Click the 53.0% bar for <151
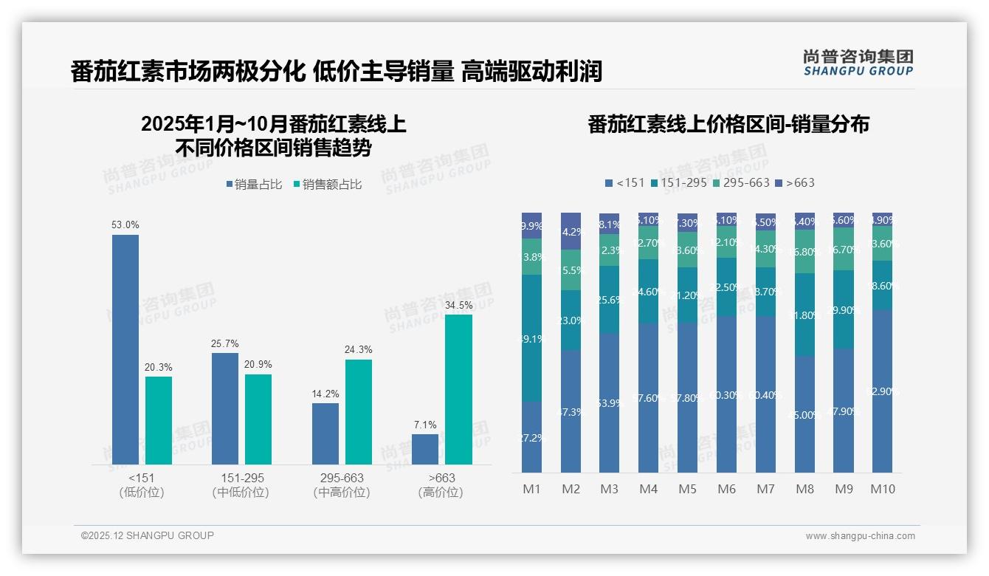click(125, 349)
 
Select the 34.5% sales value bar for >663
click(458, 389)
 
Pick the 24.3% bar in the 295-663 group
click(359, 411)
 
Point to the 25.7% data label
click(225, 344)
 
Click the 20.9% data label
click(258, 365)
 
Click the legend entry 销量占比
click(254, 185)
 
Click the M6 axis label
click(726, 489)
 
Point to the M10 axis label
click(882, 489)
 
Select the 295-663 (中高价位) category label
click(342, 485)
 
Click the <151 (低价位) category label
click(142, 485)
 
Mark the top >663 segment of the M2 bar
click(571, 230)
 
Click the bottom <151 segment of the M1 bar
click(531, 436)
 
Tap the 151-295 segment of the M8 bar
click(804, 315)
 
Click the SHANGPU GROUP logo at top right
click(858, 63)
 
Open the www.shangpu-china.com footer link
click(860, 536)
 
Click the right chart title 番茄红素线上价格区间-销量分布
click(728, 124)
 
